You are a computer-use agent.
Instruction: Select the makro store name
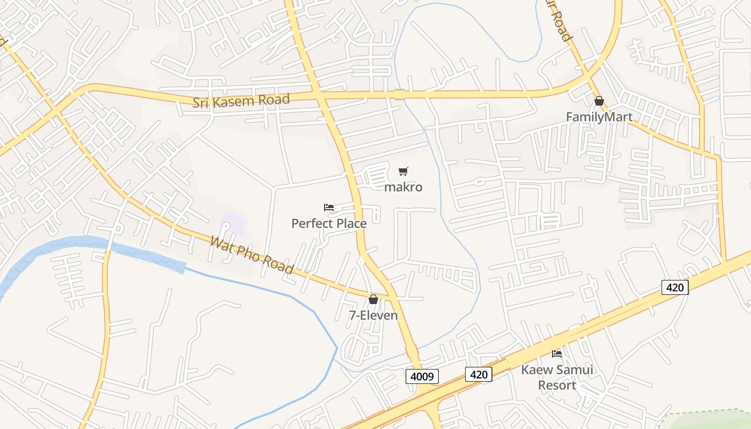pyautogui.click(x=403, y=187)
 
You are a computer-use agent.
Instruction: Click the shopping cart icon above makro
pyautogui.click(x=403, y=172)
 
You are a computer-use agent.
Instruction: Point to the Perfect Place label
pyautogui.click(x=329, y=223)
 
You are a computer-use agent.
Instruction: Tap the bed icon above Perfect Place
pyautogui.click(x=329, y=208)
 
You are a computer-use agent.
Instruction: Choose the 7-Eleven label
pyautogui.click(x=373, y=315)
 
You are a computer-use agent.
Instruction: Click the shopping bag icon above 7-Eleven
pyautogui.click(x=373, y=299)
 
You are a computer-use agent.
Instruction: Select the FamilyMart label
pyautogui.click(x=599, y=116)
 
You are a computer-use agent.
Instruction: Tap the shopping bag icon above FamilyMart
pyautogui.click(x=599, y=101)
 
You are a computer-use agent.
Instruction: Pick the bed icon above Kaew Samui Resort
pyautogui.click(x=557, y=353)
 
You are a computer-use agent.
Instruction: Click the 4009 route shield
pyautogui.click(x=422, y=376)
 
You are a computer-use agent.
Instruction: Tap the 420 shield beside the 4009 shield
pyautogui.click(x=478, y=374)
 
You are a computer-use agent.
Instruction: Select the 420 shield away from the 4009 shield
pyautogui.click(x=674, y=287)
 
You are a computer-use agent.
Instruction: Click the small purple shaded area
pyautogui.click(x=234, y=224)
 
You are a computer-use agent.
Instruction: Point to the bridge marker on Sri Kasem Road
pyautogui.click(x=399, y=94)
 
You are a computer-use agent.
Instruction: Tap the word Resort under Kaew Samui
pyautogui.click(x=557, y=385)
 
